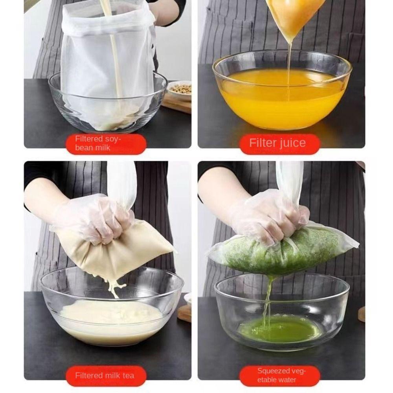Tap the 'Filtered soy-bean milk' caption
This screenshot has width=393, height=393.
click(x=98, y=143)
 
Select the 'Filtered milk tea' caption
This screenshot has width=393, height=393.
click(x=105, y=375)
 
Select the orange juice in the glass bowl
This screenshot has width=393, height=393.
click(x=283, y=98)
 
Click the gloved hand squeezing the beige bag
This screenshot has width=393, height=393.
click(x=93, y=218)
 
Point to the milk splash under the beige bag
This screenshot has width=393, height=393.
click(x=114, y=286)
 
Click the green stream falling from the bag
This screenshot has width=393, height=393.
click(x=268, y=301)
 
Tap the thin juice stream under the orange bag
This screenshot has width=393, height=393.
click(x=289, y=70)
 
